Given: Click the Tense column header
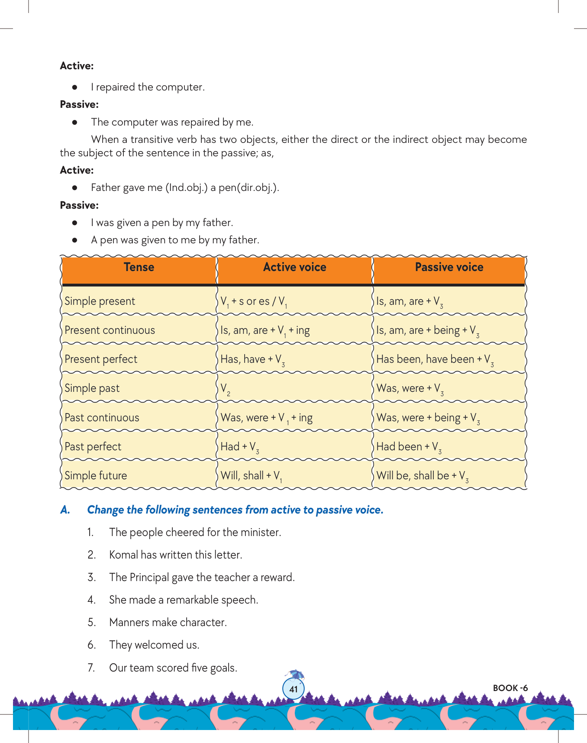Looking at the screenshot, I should click(x=139, y=267).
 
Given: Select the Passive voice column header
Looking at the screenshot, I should click(x=449, y=267).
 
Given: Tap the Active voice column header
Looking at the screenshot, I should click(x=294, y=267).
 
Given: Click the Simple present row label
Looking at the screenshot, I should click(x=100, y=301).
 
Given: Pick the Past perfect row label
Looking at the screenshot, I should click(x=93, y=446).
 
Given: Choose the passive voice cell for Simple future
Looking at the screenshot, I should click(x=422, y=476).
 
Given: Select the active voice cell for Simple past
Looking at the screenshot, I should click(x=226, y=388).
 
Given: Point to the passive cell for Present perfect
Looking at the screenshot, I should click(x=435, y=359).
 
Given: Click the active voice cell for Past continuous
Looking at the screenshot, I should click(x=266, y=418).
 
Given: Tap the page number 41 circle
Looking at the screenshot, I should click(x=293, y=689).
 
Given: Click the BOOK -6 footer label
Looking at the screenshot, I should click(x=510, y=688).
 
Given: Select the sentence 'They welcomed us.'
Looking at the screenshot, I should click(x=154, y=645).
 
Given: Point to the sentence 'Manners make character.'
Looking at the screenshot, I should click(x=168, y=622).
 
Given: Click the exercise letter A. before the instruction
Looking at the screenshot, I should click(x=65, y=510).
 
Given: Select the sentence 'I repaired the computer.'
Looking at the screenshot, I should click(x=148, y=87).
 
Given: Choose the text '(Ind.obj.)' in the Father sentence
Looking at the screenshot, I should click(x=187, y=188).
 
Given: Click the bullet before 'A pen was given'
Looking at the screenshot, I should click(x=75, y=240).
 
